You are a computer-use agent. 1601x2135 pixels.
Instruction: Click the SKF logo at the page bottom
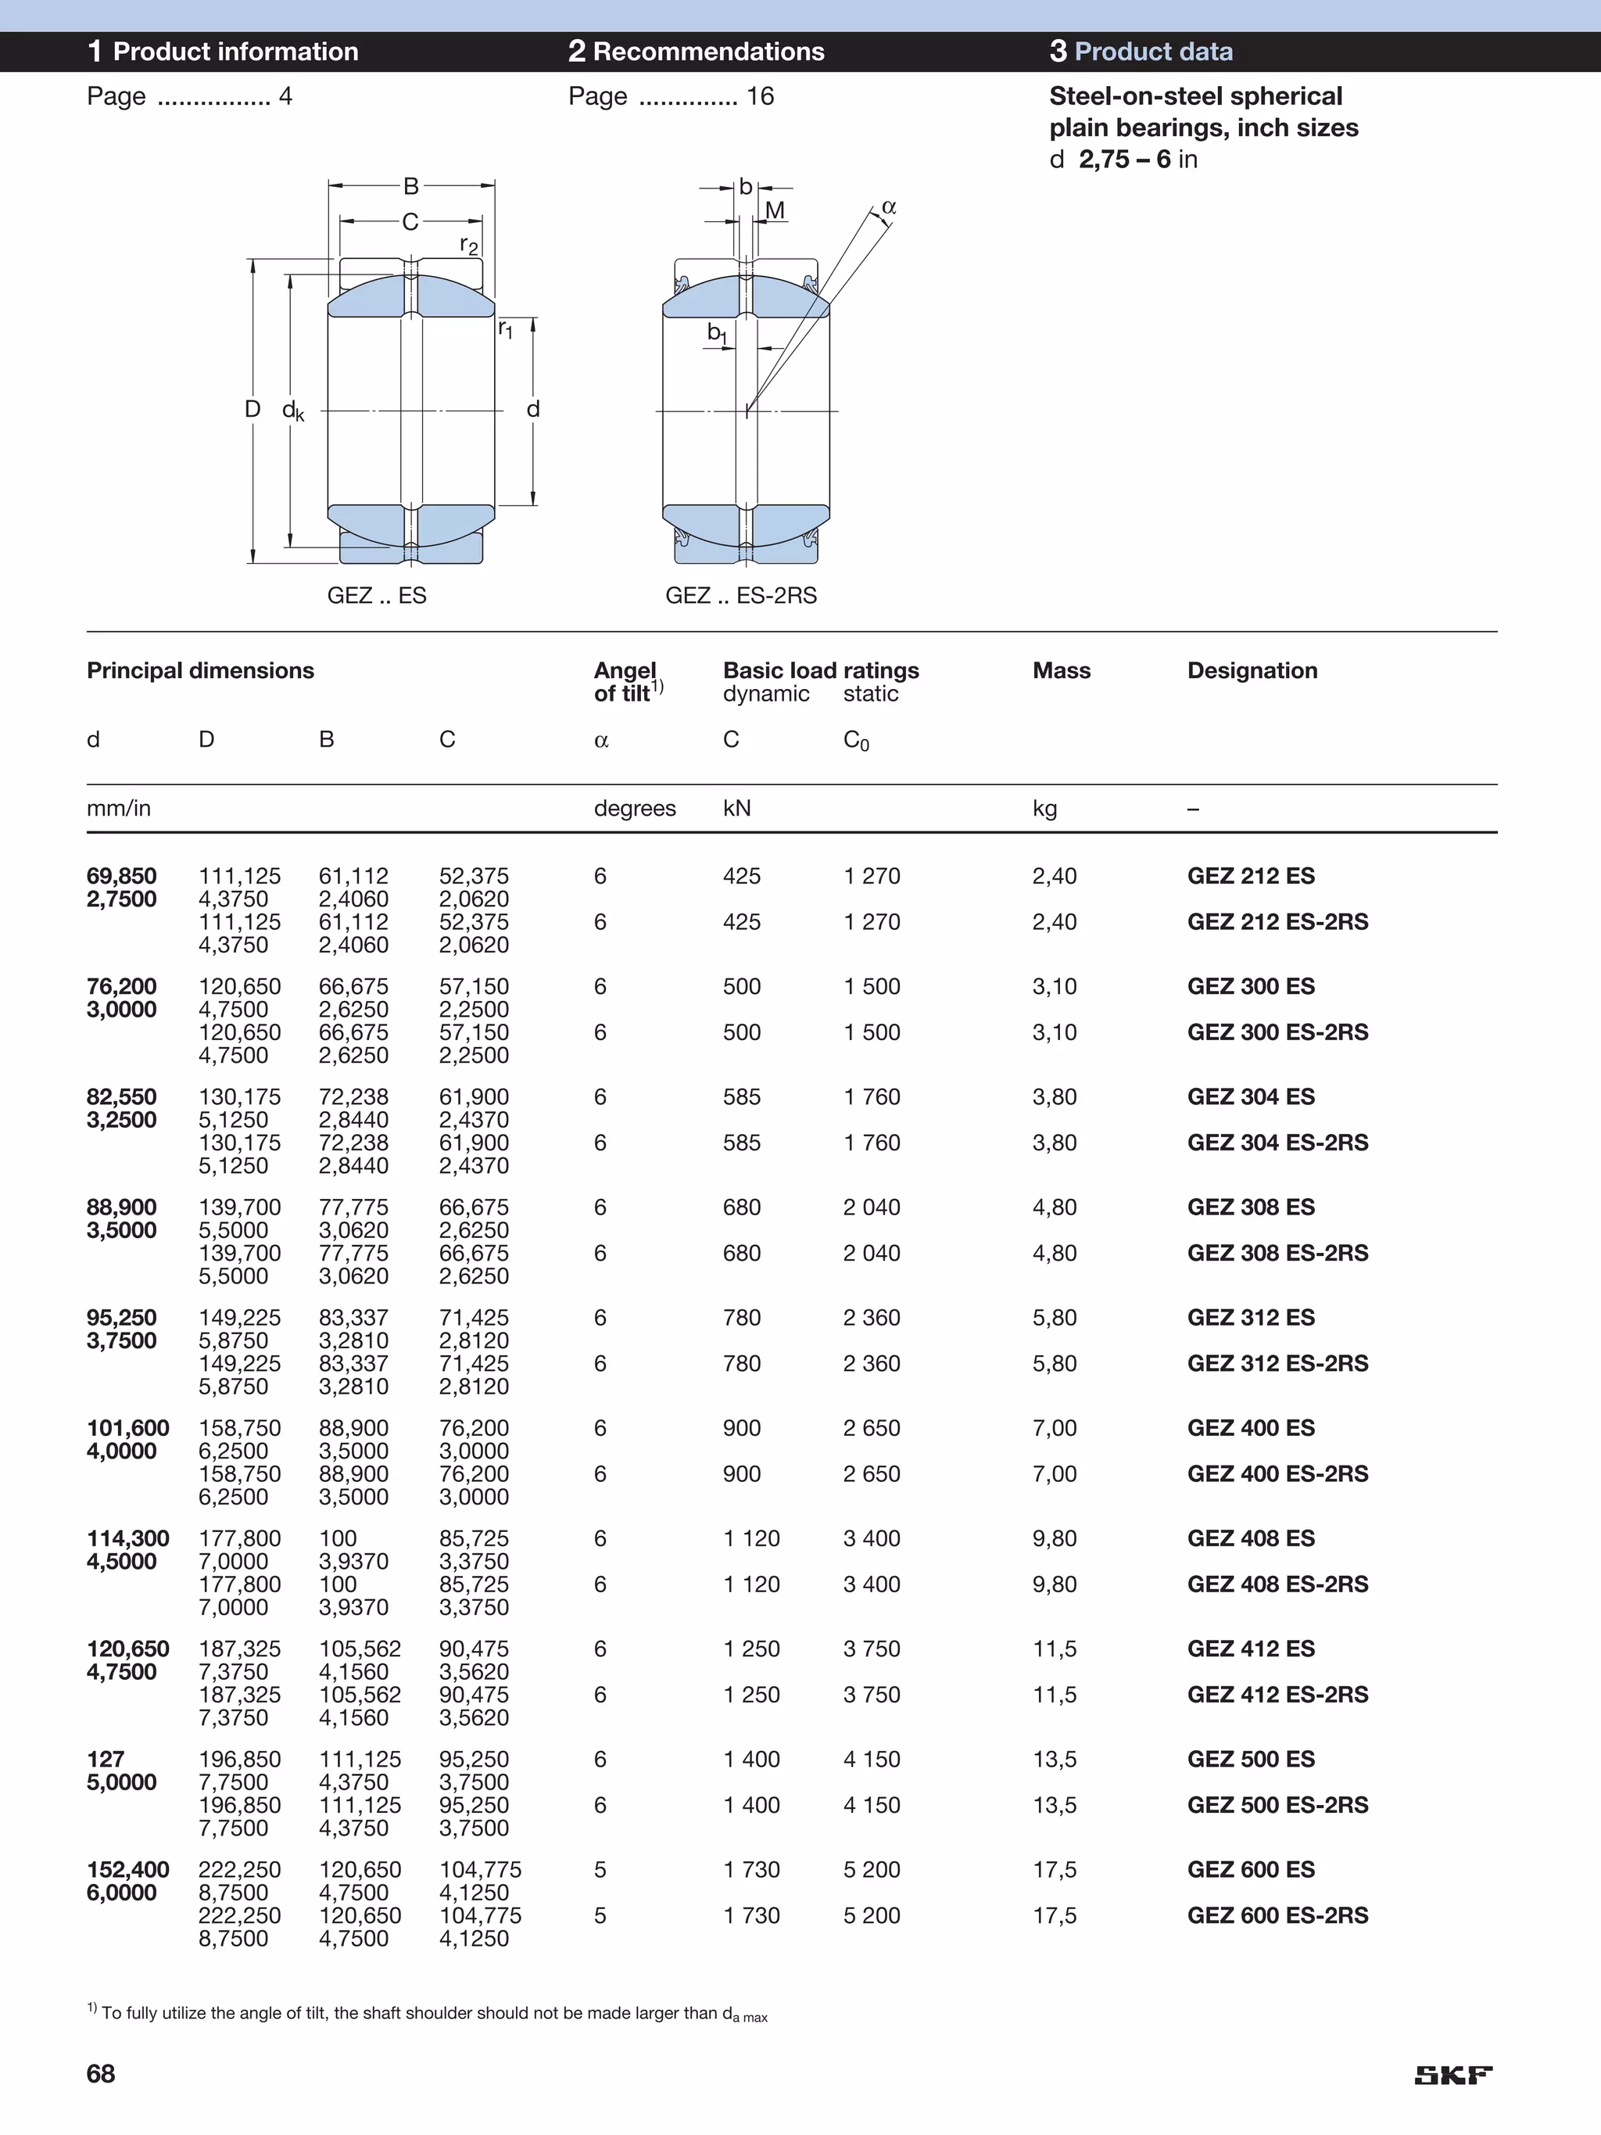[x=1452, y=2075]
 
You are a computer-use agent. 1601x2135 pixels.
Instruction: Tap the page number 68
[x=100, y=2073]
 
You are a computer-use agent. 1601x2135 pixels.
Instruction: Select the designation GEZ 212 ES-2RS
[x=1277, y=922]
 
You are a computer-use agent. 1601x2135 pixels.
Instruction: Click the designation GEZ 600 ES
[x=1251, y=1870]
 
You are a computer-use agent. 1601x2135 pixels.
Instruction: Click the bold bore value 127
[x=106, y=1759]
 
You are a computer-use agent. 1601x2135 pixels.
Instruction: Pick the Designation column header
[x=1252, y=671]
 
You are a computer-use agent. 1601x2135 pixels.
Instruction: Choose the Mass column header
[x=1061, y=671]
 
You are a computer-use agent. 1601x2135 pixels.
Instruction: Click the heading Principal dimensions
[x=200, y=671]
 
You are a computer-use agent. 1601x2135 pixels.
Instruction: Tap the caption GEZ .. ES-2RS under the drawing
[x=740, y=595]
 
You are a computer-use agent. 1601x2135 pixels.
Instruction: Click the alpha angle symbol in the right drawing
[x=889, y=206]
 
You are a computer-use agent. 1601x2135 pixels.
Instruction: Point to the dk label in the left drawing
[x=292, y=411]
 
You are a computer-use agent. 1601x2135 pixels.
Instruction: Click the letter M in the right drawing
[x=774, y=210]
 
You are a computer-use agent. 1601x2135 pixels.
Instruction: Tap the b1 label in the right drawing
[x=717, y=333]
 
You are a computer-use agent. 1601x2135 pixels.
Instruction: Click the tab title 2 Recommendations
[x=696, y=51]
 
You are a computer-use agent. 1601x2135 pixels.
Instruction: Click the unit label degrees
[x=634, y=809]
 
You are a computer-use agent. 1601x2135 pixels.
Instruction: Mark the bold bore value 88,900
[x=122, y=1207]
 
